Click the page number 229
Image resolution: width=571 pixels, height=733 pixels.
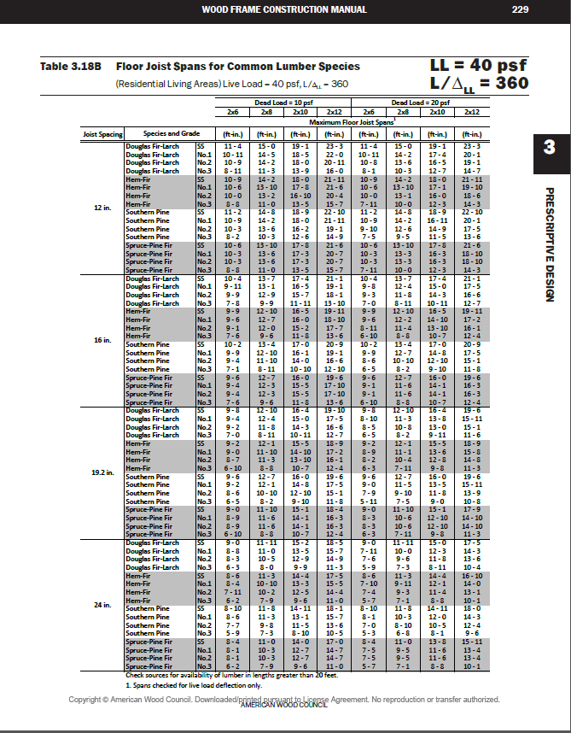(521, 9)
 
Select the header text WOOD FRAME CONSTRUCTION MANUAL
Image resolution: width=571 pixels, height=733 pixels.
(284, 9)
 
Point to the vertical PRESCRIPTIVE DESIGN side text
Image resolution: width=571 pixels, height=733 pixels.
(549, 243)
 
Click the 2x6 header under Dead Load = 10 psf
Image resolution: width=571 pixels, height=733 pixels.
(232, 112)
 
